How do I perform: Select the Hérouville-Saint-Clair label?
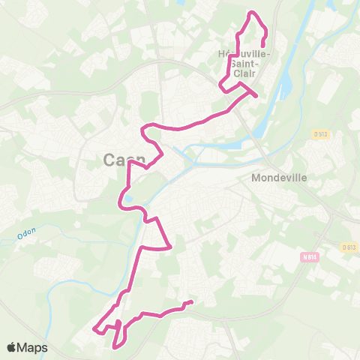click(x=244, y=63)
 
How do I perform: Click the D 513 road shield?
click(x=322, y=133)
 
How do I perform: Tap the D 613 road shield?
click(x=347, y=247)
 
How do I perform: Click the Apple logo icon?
click(x=13, y=347)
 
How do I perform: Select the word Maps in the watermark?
click(x=33, y=347)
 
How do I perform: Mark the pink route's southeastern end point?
click(x=192, y=302)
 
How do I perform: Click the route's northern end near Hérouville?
click(x=262, y=46)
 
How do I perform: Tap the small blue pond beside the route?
click(x=129, y=199)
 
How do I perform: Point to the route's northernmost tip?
click(x=252, y=12)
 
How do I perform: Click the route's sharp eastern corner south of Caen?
click(x=172, y=246)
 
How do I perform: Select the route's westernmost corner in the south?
click(x=94, y=328)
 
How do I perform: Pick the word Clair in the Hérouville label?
click(x=244, y=73)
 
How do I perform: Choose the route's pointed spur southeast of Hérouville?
click(x=256, y=96)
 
